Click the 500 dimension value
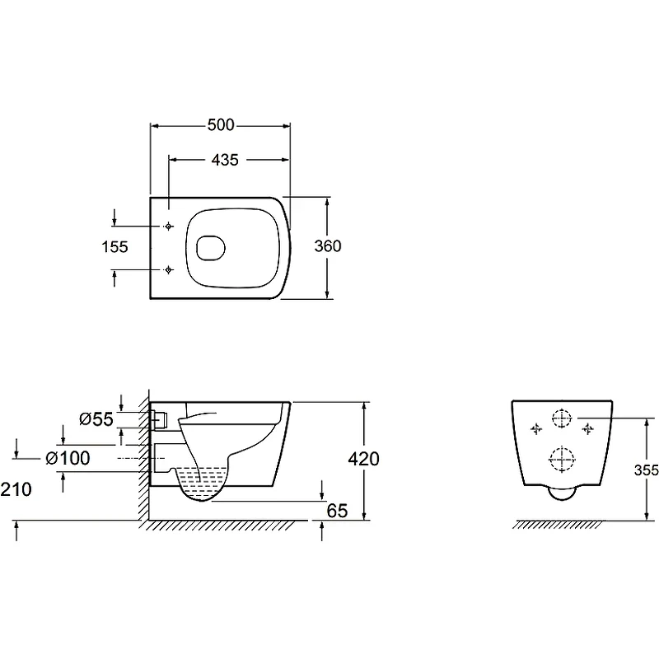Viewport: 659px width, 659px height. pos(221,125)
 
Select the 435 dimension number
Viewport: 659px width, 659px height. pos(225,160)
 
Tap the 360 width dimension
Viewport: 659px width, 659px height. pos(328,245)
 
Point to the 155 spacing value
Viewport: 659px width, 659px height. pos(115,246)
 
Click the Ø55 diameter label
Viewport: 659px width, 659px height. pos(96,419)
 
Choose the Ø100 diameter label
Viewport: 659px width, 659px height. pos(68,458)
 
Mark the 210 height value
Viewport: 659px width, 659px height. pos(16,489)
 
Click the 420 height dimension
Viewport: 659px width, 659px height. pos(363,459)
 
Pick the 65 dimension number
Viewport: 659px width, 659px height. pos(337,511)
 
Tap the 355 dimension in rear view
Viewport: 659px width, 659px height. pos(647,470)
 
